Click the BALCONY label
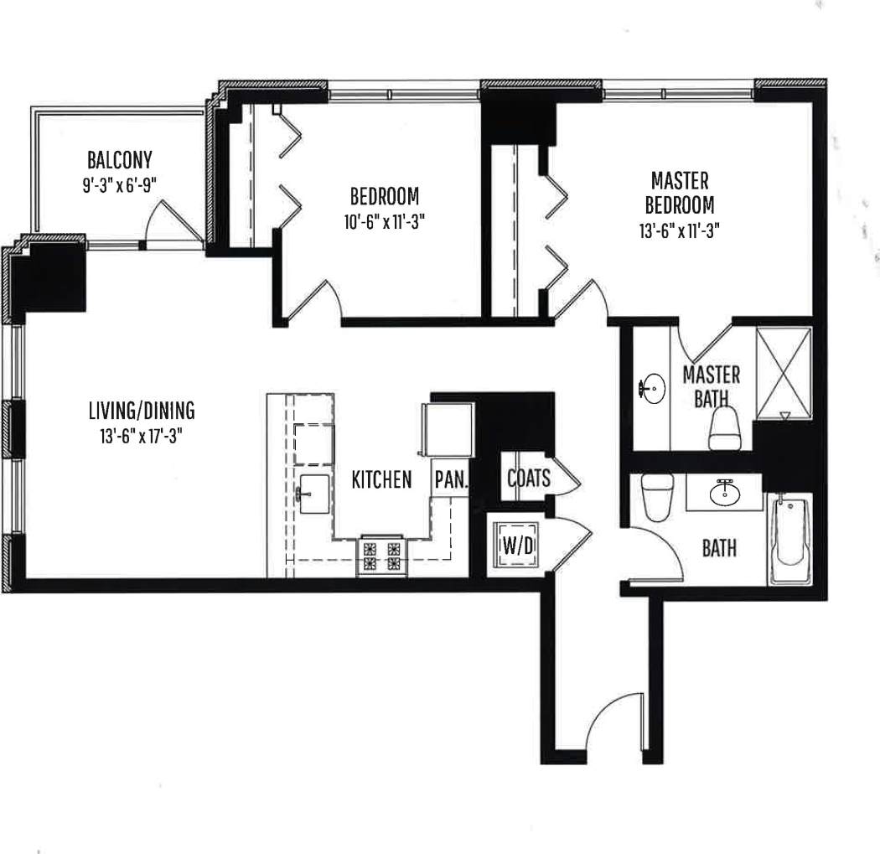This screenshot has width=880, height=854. tap(119, 159)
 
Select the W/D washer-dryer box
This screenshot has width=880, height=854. tap(518, 546)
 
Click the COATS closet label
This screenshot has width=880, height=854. tap(529, 478)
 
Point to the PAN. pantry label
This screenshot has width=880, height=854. tap(451, 480)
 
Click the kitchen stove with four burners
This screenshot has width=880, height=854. tap(381, 556)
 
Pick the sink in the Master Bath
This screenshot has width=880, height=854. tap(652, 388)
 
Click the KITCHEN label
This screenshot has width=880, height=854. tap(381, 480)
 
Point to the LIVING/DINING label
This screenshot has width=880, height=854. tap(141, 411)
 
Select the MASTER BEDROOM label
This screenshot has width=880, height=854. tap(680, 192)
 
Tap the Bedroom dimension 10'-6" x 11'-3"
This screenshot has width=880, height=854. tap(384, 222)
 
